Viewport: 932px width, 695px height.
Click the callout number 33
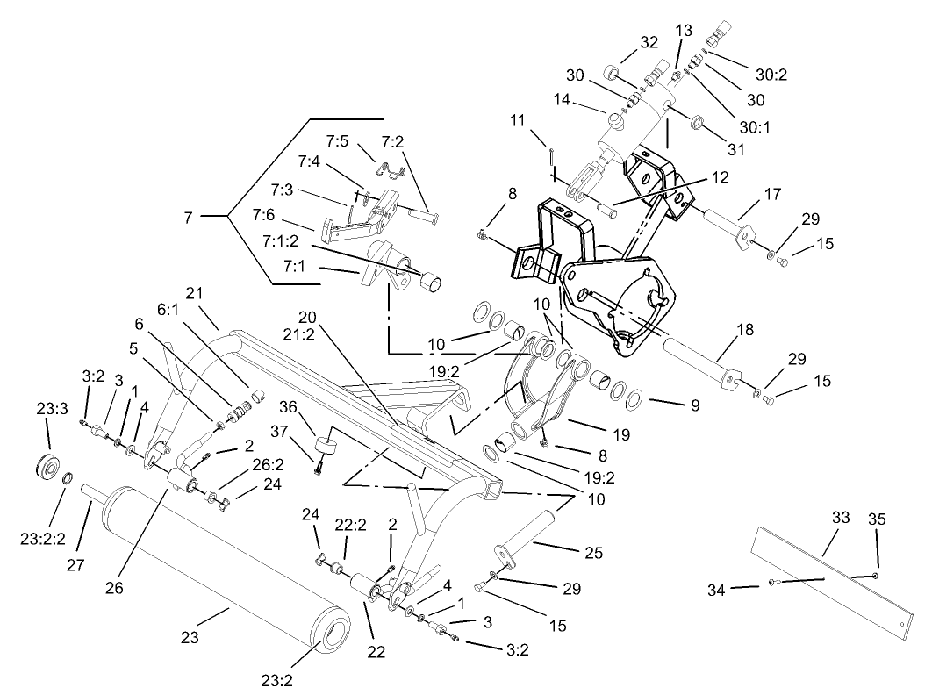pos(841,519)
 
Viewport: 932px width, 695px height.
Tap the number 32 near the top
pos(649,42)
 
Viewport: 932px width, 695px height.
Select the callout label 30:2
pos(771,75)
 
